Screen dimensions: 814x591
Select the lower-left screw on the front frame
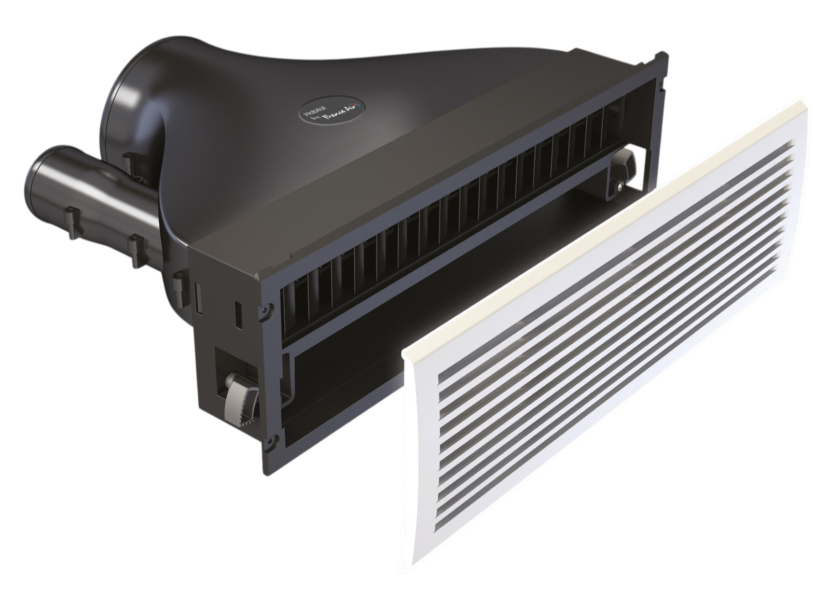[271, 441]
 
